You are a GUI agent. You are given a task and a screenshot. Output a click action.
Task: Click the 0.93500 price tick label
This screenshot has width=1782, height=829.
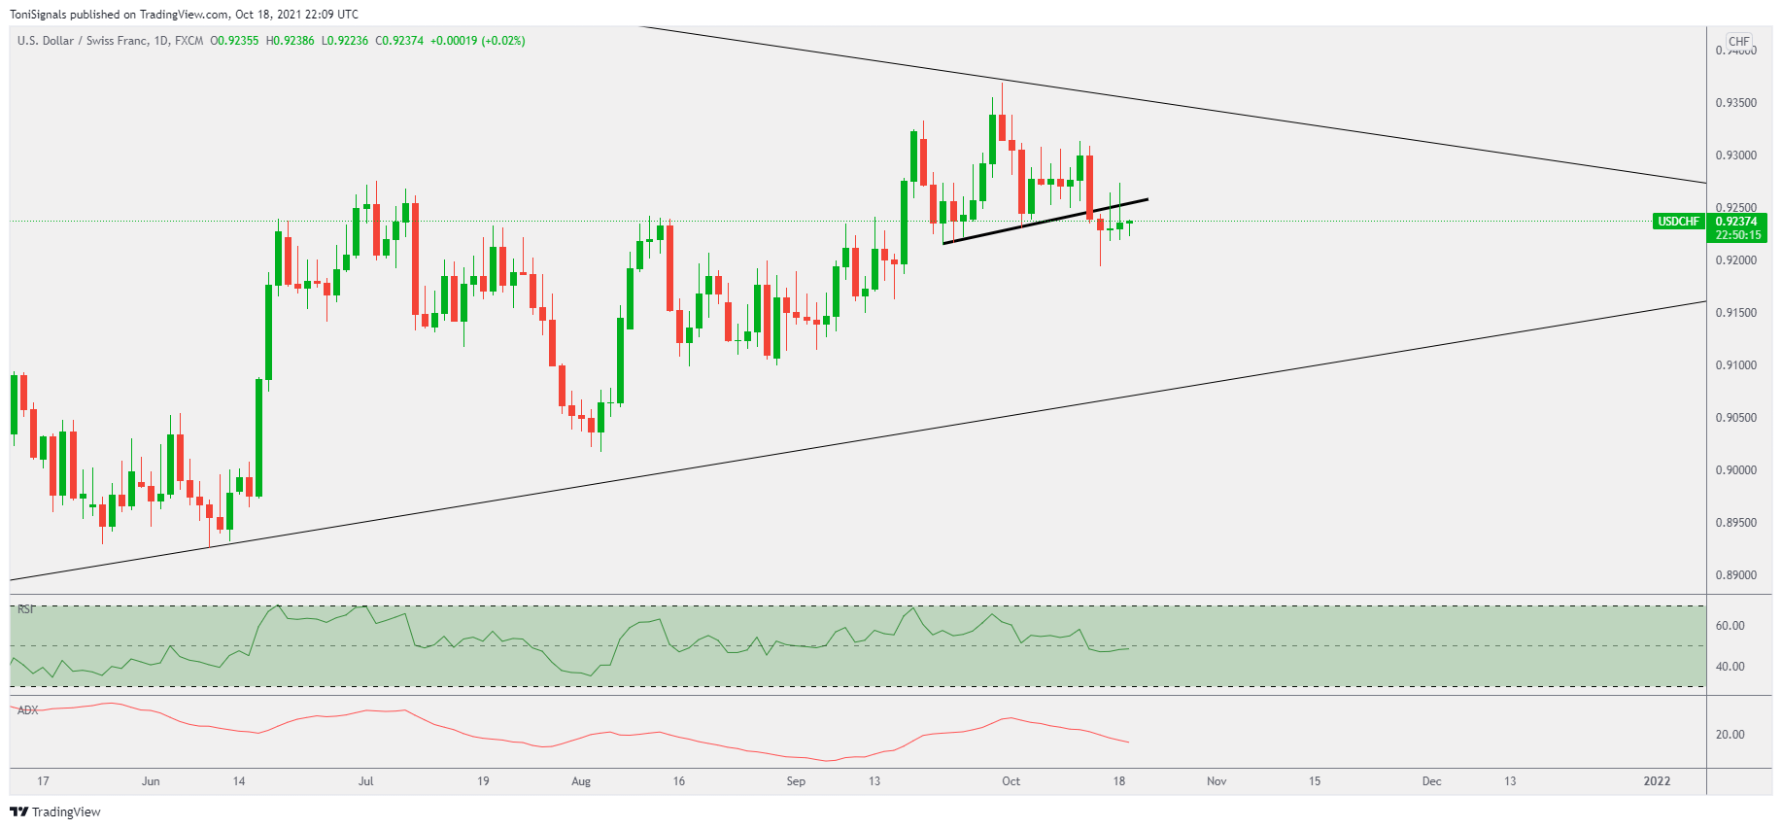1735,103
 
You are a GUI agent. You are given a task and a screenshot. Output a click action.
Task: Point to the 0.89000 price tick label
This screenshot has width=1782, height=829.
1735,575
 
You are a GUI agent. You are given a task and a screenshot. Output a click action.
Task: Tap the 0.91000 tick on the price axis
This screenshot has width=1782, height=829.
1735,365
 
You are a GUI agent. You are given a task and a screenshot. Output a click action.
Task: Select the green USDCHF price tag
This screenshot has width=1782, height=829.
1678,222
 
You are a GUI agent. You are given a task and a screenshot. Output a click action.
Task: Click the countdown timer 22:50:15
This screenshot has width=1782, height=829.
1737,235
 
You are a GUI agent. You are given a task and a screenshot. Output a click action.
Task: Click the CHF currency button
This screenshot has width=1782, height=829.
1738,42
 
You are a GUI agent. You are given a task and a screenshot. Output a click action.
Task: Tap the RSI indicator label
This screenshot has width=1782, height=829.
26,609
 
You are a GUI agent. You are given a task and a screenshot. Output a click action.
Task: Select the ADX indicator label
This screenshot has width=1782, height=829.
28,710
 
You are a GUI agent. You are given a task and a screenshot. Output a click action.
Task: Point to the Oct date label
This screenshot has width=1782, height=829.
1011,781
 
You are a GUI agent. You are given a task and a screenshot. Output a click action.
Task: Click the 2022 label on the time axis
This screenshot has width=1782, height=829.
1657,781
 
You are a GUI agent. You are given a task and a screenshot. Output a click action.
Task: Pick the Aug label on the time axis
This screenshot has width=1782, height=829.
581,781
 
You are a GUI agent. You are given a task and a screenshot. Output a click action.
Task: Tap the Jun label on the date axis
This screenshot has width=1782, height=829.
151,781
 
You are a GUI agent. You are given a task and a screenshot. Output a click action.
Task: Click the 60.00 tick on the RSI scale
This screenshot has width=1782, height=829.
1730,626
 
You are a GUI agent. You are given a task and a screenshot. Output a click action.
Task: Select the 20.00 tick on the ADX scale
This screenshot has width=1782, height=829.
1730,735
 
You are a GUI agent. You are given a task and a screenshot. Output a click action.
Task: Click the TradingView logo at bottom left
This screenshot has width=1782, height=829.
55,812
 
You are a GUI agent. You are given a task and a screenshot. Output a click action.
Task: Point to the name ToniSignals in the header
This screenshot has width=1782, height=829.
38,15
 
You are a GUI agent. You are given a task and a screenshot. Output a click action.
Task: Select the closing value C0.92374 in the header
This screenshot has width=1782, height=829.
399,41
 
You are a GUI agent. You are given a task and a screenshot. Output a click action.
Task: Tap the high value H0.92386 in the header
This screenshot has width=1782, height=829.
291,41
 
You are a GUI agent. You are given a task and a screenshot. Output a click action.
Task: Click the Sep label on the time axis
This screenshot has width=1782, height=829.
796,781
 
